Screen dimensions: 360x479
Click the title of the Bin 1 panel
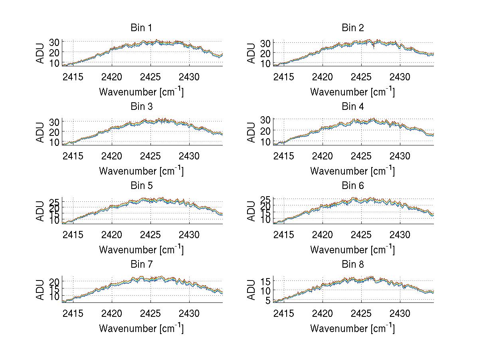[x=141, y=28]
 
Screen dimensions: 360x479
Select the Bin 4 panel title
[x=352, y=107]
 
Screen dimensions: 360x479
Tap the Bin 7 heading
[x=141, y=265]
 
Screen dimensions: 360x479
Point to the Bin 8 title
[x=352, y=265]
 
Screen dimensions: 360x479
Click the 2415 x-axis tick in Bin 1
[x=73, y=76]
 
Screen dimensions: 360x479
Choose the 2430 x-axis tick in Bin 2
[x=400, y=76]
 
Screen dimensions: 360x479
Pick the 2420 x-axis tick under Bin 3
[x=112, y=155]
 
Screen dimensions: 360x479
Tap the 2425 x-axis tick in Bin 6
[x=361, y=234]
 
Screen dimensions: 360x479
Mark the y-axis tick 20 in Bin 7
[x=54, y=282]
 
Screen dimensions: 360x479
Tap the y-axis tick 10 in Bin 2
[x=265, y=63]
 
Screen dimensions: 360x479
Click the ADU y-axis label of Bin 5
[x=41, y=211]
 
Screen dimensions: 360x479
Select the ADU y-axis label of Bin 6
[x=251, y=211]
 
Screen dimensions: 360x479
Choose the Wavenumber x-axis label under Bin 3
[x=141, y=171]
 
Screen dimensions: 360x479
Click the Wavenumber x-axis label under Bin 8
[x=352, y=328]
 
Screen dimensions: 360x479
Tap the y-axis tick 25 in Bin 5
[x=54, y=201]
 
